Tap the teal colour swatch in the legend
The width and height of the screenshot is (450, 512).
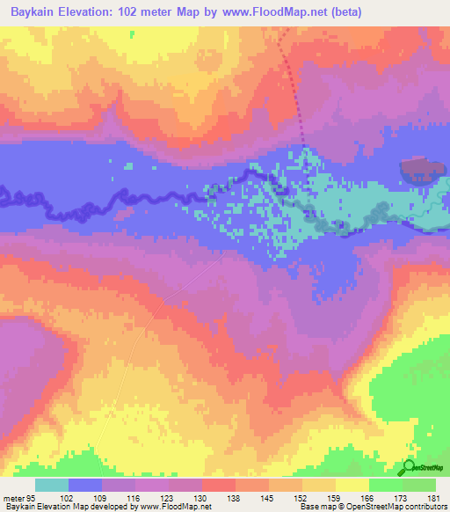[51, 485]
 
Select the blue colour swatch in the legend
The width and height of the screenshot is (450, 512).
[85, 485]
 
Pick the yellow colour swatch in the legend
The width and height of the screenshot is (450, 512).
[352, 485]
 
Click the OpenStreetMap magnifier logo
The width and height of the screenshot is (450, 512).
[410, 468]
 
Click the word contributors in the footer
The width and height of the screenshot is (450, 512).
[425, 507]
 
